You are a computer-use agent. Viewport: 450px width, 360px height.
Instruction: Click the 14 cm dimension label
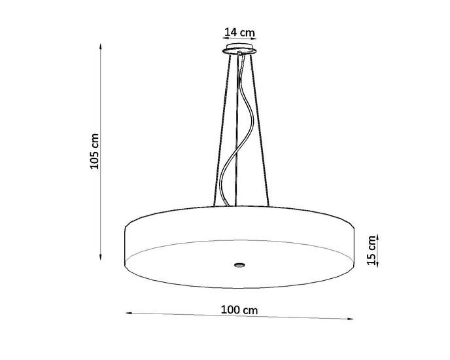(x=239, y=31)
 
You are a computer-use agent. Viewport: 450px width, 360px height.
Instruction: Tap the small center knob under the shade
(x=239, y=265)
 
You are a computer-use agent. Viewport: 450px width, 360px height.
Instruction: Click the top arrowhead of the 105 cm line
(x=100, y=46)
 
